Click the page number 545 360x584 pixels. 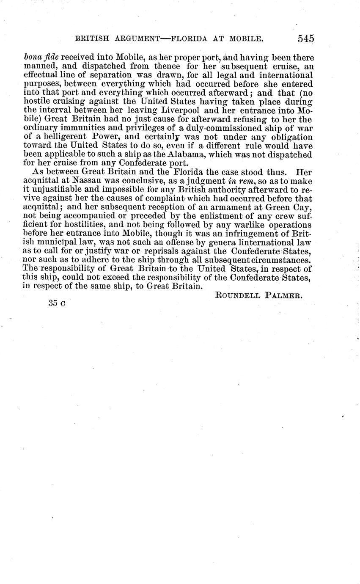(x=305, y=39)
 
